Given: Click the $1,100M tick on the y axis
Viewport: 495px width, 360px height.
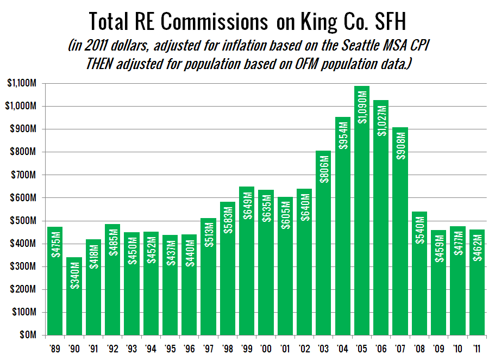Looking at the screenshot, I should [22, 84].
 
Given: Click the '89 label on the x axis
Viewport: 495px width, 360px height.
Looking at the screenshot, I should [55, 348].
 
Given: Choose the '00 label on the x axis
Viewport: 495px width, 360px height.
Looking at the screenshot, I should [266, 348].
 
